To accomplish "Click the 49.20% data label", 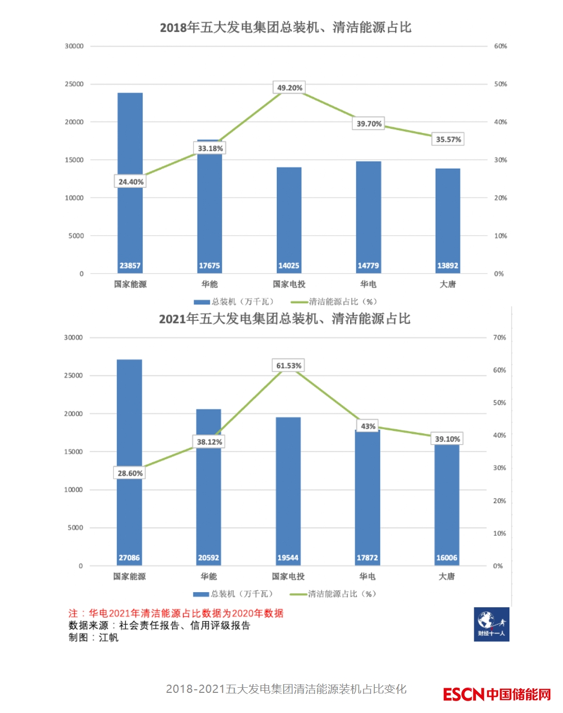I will point(290,88).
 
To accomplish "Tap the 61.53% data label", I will point(289,366).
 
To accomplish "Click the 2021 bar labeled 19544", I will point(288,490).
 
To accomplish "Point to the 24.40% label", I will point(130,182).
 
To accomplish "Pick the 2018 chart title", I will point(285,27).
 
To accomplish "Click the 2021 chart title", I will point(284,319).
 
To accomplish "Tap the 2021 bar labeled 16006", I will point(446,503).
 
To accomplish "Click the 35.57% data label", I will point(448,139).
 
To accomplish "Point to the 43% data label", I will point(368,426).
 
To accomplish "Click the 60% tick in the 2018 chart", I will point(500,46).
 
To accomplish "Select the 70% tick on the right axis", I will point(499,337).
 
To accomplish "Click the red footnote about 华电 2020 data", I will point(176,613).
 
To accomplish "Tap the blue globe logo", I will point(491,624).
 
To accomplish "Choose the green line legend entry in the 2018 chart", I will point(334,302).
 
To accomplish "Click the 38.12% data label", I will point(209,442).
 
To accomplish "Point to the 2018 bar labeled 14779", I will point(368,217).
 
